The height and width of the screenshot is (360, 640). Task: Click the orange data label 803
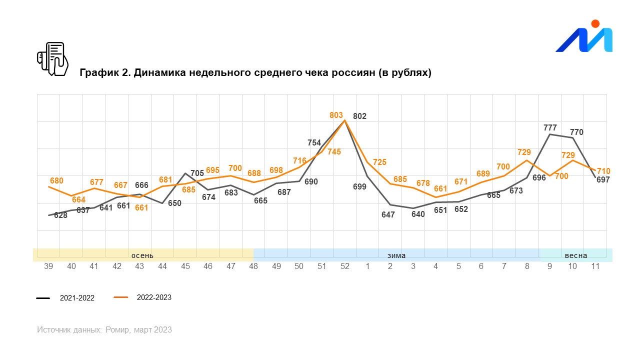tap(336, 115)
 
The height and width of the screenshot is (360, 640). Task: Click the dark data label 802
tap(359, 116)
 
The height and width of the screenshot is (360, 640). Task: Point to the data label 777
tap(550, 128)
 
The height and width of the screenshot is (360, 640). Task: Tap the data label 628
tap(60, 215)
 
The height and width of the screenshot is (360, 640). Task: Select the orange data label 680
tap(56, 180)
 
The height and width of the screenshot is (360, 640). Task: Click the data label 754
tap(313, 143)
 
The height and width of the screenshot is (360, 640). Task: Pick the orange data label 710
tap(603, 171)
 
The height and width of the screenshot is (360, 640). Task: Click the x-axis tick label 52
tap(345, 266)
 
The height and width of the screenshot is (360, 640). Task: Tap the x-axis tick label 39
tap(48, 266)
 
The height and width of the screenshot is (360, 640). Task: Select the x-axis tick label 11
tap(595, 266)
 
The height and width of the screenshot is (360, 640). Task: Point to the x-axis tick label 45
tap(185, 266)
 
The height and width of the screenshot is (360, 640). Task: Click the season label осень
tap(142, 255)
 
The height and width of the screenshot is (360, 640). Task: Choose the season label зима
tap(396, 255)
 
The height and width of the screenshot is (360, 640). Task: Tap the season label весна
tap(576, 255)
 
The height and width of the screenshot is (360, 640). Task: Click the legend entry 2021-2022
tap(77, 298)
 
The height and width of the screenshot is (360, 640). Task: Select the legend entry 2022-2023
tap(154, 297)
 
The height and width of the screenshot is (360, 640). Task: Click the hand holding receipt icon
tap(52, 59)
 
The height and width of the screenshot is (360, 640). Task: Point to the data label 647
tap(388, 215)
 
